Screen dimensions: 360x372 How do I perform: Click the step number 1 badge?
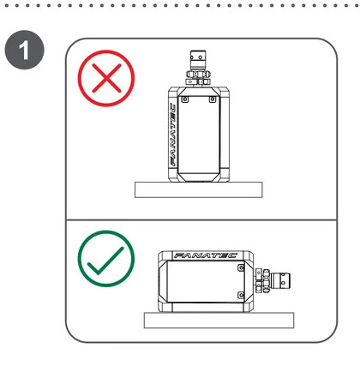pos(25,50)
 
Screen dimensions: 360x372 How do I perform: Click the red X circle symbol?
pos(106,78)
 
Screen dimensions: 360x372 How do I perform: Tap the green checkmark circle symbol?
pos(106,259)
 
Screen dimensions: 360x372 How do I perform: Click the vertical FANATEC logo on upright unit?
pos(173,135)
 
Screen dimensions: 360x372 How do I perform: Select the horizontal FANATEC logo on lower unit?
pos(206,255)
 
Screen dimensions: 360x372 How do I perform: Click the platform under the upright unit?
pos(199,189)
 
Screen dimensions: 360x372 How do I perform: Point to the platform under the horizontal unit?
pos(219,321)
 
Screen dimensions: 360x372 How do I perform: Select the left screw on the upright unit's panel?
pos(185,99)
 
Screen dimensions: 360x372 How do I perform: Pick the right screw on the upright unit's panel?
pos(212,99)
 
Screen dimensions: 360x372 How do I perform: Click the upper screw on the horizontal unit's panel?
pos(241,268)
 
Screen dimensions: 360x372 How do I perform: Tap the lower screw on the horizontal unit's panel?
pos(241,295)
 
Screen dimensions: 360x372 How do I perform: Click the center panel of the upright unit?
pos(199,135)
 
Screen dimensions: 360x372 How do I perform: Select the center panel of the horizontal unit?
pos(206,281)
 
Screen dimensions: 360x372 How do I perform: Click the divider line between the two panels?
pos(201,220)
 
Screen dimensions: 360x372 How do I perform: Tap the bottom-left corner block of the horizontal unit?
pos(165,305)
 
